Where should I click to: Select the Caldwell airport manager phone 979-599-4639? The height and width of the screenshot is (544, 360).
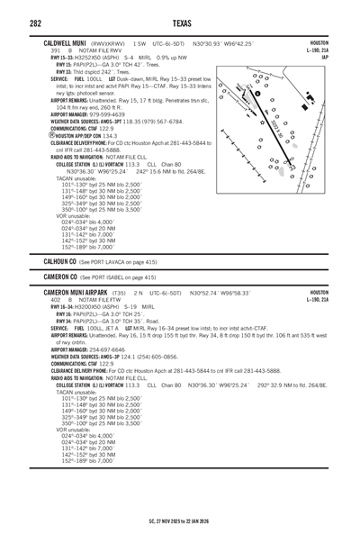tap(112, 114)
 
